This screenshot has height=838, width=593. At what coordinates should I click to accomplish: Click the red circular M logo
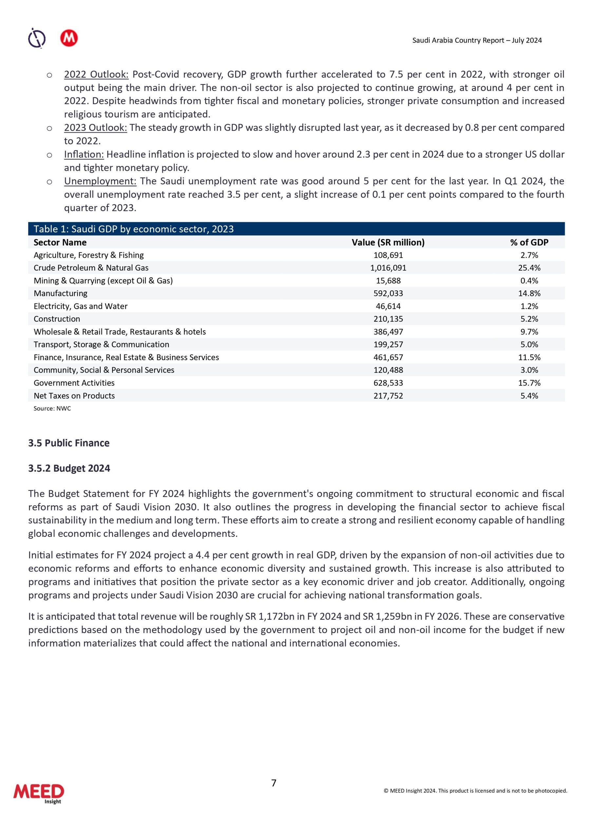pos(69,38)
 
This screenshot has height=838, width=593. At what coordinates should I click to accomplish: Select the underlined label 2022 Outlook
pos(96,74)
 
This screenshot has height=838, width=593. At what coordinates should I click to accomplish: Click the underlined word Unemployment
pos(100,181)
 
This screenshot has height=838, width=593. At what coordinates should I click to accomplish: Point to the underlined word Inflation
pos(84,155)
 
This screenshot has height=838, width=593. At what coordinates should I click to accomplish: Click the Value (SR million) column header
pos(388,242)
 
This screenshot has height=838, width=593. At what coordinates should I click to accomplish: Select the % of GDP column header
pos(529,242)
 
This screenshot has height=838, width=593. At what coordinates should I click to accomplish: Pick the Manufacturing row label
pos(61,293)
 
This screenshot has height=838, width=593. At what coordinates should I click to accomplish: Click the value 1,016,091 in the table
pos(388,268)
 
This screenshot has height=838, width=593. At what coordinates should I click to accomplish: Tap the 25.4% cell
pos(529,268)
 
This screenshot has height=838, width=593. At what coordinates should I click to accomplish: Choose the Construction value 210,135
pos(388,319)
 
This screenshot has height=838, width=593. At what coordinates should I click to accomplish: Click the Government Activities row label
pos(74,383)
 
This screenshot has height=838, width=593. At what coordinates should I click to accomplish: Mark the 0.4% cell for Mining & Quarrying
pos(529,281)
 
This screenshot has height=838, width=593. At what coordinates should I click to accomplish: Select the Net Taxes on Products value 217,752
pos(388,396)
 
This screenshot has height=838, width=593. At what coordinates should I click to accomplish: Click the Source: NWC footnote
pos(52,409)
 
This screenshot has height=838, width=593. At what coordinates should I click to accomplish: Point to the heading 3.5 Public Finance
pos(69,443)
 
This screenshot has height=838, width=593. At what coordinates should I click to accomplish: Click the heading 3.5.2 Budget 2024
pos(69,468)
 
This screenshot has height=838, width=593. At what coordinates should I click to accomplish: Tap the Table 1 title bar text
pos(134,229)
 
